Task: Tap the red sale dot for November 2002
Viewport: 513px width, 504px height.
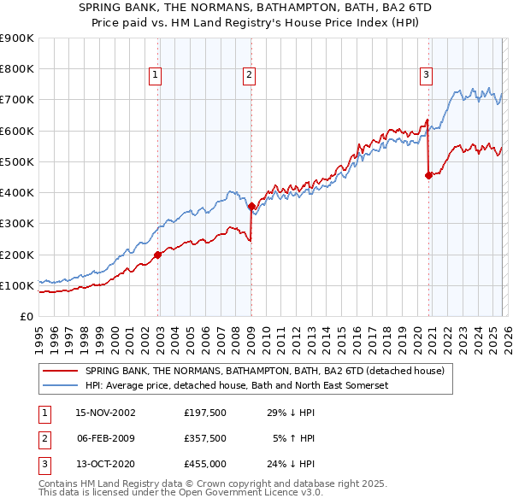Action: click(158, 255)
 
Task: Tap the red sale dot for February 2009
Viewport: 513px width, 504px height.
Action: click(251, 206)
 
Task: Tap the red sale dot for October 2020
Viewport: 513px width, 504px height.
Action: click(428, 176)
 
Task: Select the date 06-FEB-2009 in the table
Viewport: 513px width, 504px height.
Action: click(105, 438)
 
